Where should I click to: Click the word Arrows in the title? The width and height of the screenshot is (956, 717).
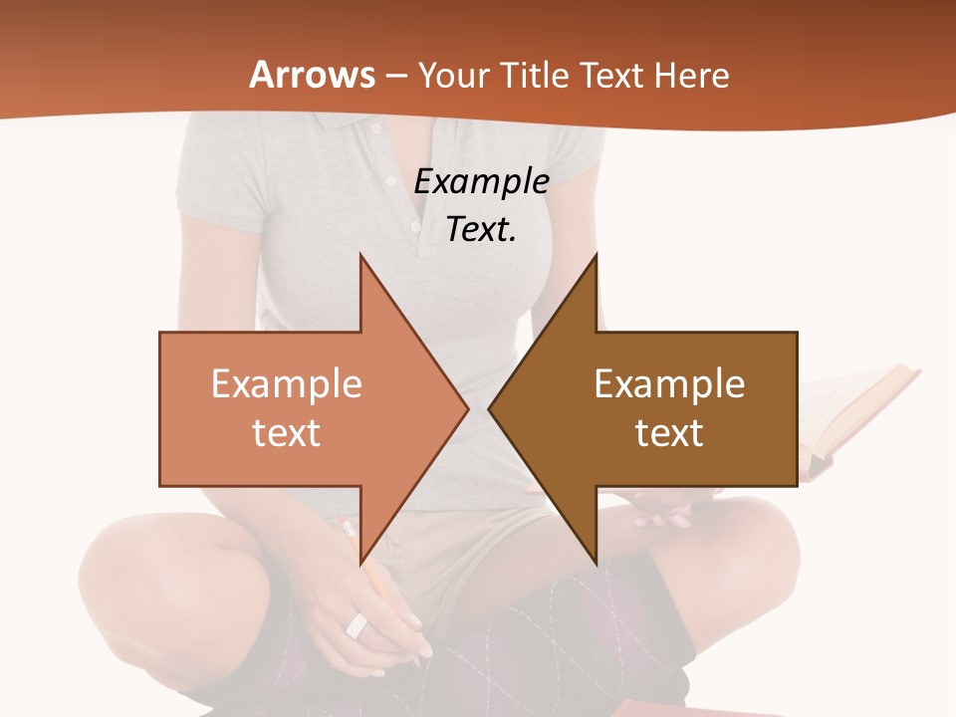pos(313,75)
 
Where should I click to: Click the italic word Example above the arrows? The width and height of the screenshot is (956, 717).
pos(481,181)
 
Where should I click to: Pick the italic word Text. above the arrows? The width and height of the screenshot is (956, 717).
pos(481,229)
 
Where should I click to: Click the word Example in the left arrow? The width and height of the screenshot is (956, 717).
pos(287,383)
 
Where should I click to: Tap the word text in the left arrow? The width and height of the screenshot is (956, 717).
pos(287,432)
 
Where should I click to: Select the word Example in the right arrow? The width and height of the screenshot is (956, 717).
pos(669,383)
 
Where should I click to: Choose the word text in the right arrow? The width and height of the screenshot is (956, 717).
pos(669,432)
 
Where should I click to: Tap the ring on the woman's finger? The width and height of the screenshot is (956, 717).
pos(357,625)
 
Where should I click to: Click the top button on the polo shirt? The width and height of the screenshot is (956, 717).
pos(375,129)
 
